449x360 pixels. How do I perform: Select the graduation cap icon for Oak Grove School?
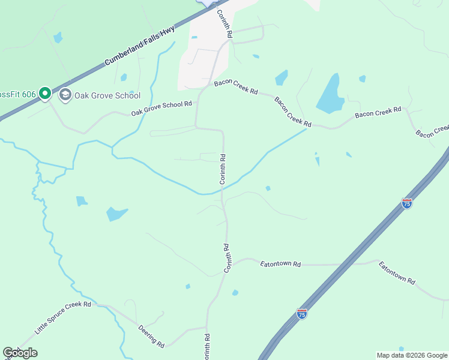65,95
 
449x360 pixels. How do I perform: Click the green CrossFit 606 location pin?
44,94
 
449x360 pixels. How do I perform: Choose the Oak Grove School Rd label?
161,109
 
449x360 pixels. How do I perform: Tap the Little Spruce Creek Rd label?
62,319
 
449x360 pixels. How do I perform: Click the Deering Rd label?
151,337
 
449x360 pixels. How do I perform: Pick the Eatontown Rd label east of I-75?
397,272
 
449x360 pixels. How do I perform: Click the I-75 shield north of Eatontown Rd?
407,203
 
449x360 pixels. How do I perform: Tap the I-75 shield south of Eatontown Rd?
302,314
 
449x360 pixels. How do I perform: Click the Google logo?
20,353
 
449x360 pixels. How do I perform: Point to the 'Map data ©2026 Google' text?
411,355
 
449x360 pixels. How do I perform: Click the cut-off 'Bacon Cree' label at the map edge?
432,131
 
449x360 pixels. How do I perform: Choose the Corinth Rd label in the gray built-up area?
224,24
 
